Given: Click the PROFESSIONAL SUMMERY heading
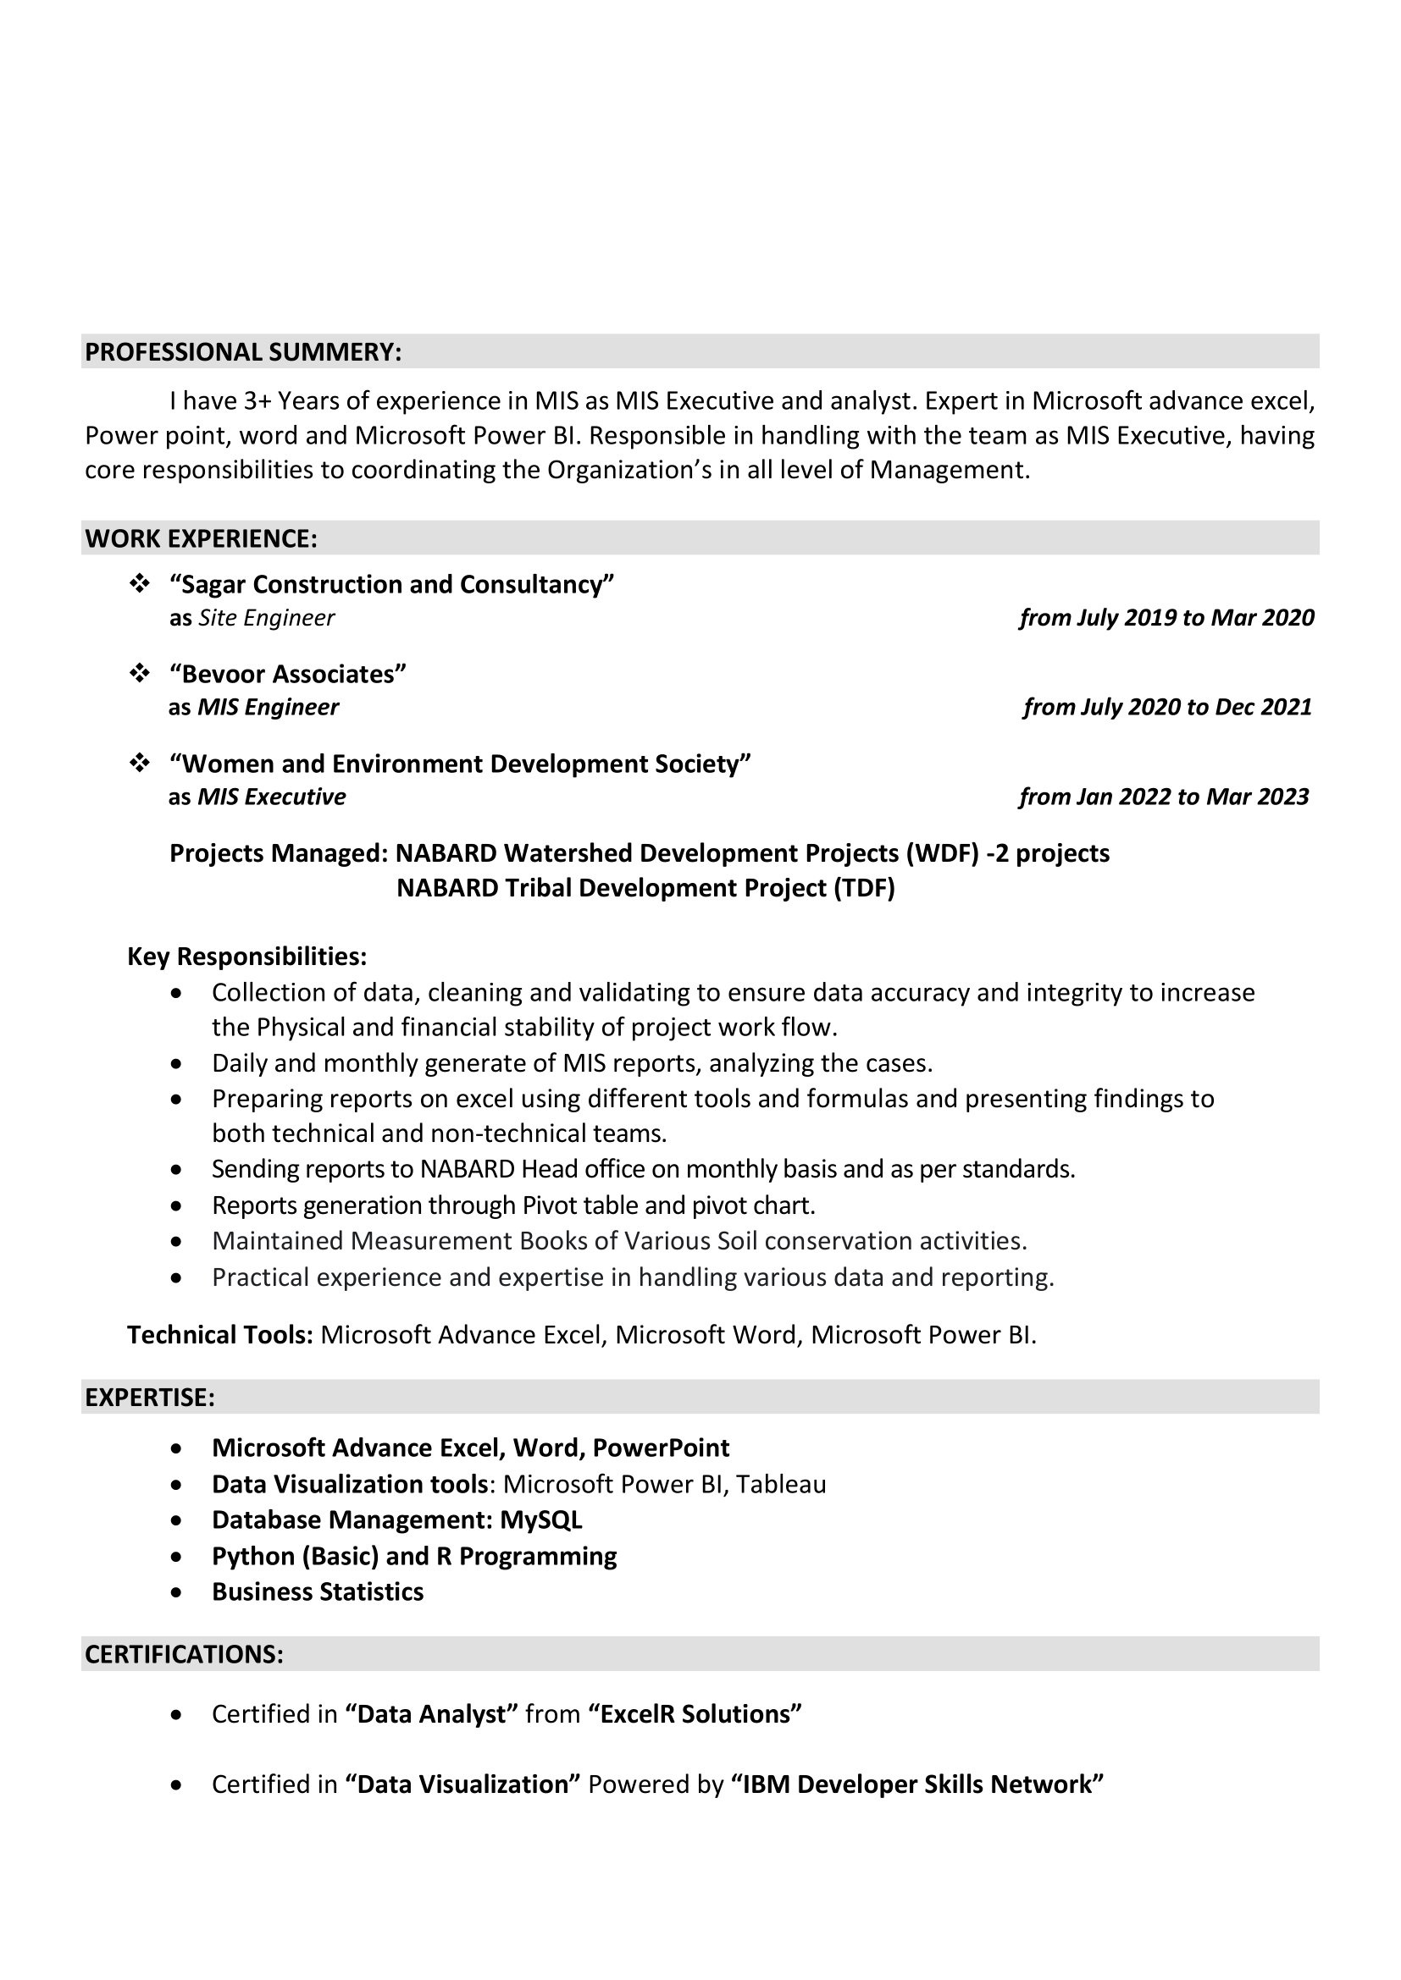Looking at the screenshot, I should tap(242, 352).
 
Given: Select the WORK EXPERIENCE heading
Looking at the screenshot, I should tap(201, 538).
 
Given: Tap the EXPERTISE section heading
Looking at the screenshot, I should tap(149, 1397).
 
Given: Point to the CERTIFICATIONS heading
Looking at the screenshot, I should tap(184, 1654).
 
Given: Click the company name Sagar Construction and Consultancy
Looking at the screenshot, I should tap(391, 585).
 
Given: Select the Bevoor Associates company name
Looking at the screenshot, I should tap(287, 674).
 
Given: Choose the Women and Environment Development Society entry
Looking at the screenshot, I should tap(461, 764).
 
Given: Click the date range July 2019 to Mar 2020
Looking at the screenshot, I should tap(1166, 617).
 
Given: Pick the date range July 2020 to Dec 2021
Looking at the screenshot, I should tap(1167, 707).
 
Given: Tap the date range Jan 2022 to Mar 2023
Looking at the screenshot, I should tap(1164, 797).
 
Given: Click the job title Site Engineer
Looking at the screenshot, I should tap(267, 618).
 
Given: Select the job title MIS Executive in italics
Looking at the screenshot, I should tap(272, 797).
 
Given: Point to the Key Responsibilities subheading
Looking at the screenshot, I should tap(246, 957).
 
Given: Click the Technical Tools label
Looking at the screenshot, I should tap(219, 1335).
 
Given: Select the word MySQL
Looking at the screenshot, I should tap(541, 1520).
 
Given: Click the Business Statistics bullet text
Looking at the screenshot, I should tap(318, 1592).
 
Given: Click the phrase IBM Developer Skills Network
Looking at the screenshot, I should tap(917, 1784).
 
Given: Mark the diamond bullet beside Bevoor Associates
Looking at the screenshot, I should tap(139, 674).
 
